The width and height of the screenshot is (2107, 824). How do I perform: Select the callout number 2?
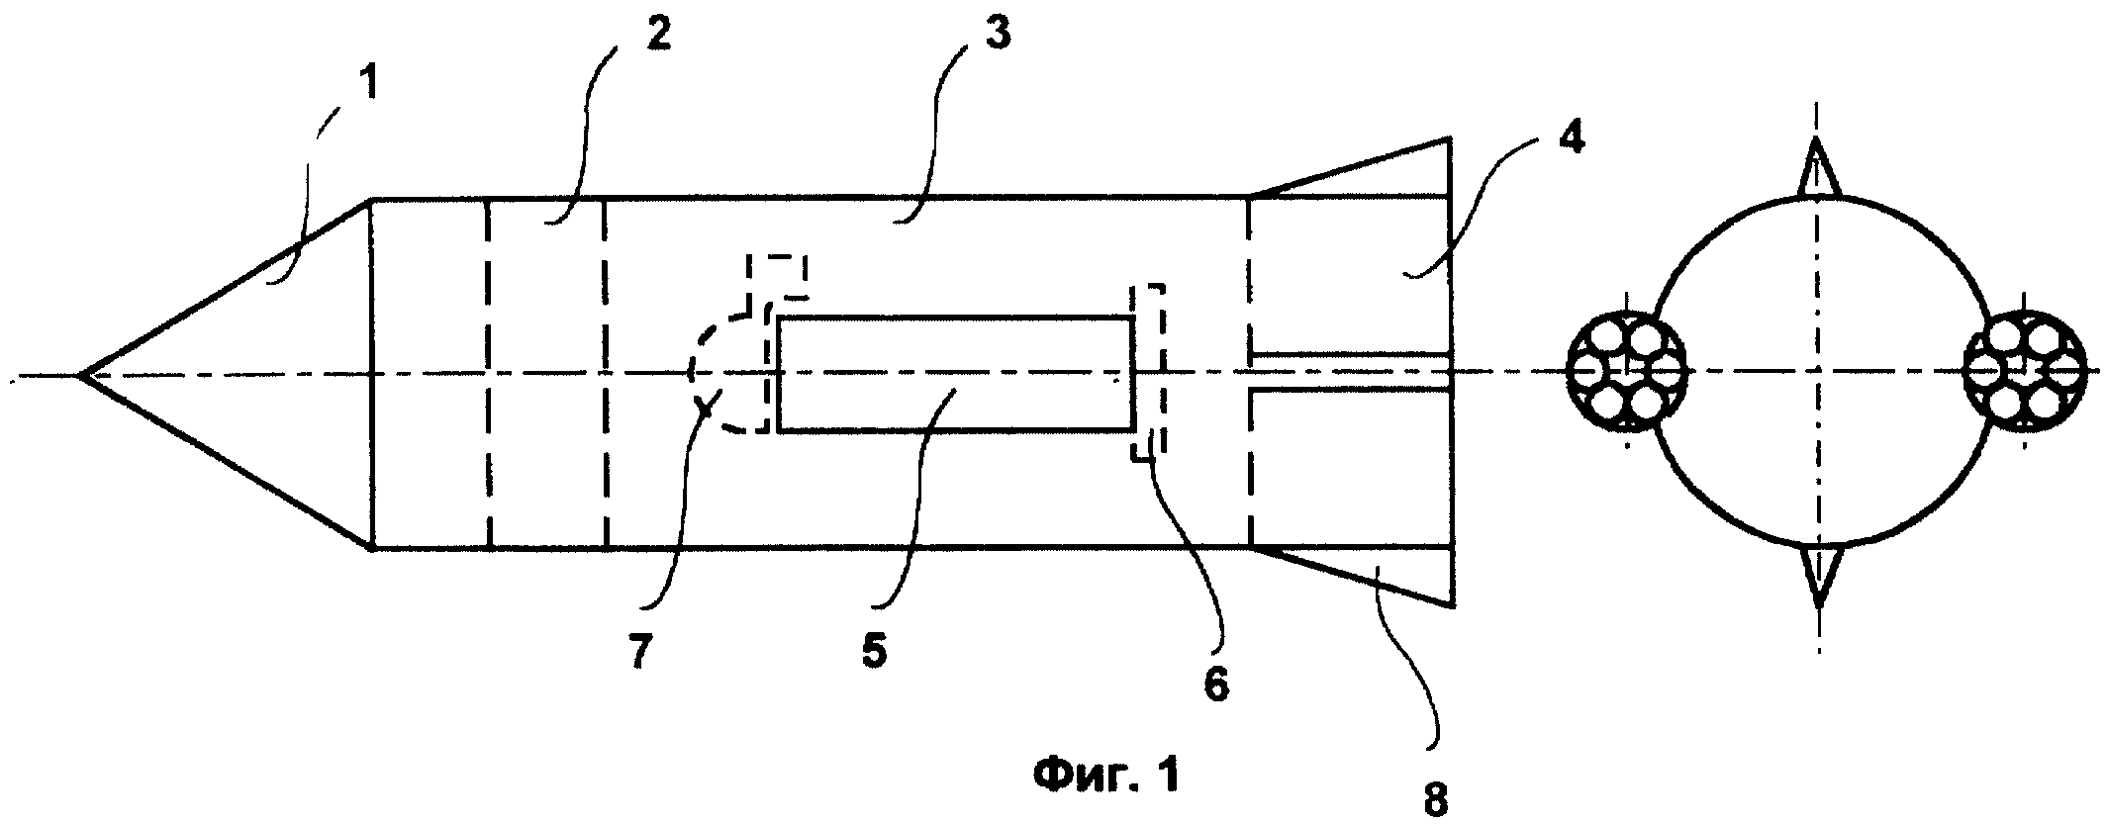point(657,36)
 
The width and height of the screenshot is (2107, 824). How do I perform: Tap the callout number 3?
point(997,36)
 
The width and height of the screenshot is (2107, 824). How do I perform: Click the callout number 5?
point(874,652)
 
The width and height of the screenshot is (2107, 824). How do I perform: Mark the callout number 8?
point(1435,798)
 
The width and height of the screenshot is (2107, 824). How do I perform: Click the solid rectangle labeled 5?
point(955,374)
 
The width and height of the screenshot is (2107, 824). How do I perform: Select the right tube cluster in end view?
point(2025,373)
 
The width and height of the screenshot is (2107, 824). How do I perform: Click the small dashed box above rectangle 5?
point(778,276)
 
